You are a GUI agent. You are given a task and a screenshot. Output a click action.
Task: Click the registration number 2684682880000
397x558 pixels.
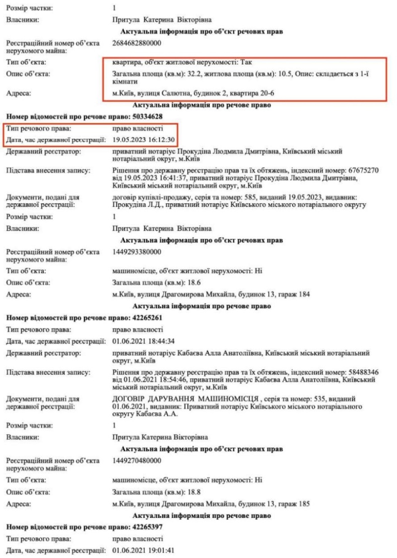tap(137, 43)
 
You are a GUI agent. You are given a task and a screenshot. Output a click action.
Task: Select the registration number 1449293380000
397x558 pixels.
tap(137, 252)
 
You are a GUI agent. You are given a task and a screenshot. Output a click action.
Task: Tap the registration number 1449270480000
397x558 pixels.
tap(137, 460)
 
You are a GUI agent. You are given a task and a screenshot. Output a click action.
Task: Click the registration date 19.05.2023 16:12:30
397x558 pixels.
tap(144, 140)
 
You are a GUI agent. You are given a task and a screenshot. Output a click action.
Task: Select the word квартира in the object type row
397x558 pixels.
tap(127, 63)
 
